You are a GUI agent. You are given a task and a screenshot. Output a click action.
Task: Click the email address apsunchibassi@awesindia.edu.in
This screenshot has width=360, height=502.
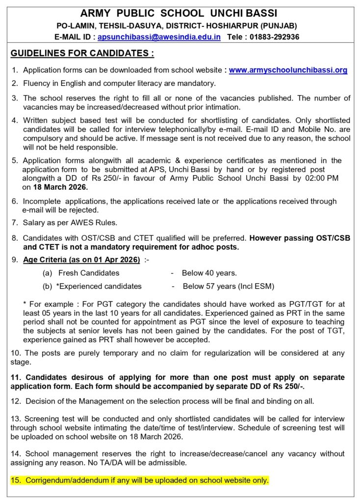tap(159, 37)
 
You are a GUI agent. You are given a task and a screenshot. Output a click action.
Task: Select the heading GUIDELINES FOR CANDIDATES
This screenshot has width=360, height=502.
tap(82, 53)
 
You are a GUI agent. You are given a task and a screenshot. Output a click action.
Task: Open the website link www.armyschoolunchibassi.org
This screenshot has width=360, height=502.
tap(288, 70)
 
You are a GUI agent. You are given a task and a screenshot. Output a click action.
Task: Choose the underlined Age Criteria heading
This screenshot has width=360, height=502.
tap(81, 259)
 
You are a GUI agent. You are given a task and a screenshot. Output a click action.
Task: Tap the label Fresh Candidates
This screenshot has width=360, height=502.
tap(89, 273)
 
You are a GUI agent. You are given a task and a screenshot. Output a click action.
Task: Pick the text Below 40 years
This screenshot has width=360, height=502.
tap(209, 273)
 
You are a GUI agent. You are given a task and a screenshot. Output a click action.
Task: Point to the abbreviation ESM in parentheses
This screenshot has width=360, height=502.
tap(264, 286)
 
